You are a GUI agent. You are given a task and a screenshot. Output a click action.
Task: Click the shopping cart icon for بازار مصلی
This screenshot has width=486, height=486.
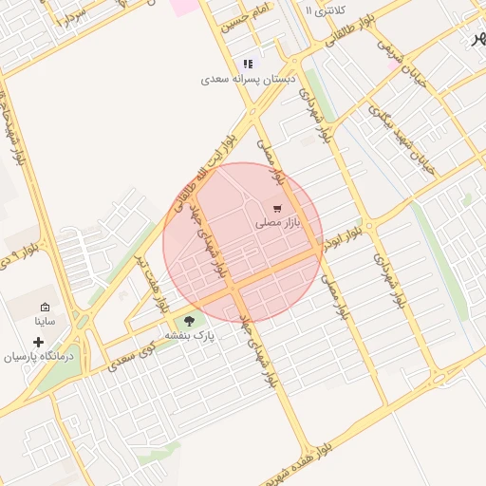(x=276, y=208)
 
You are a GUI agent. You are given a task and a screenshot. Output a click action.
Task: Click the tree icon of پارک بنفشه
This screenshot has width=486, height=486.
(x=190, y=321)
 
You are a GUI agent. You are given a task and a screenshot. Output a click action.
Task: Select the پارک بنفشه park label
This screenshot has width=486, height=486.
(x=191, y=336)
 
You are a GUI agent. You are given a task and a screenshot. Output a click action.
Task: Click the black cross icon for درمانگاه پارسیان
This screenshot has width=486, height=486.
(x=39, y=342)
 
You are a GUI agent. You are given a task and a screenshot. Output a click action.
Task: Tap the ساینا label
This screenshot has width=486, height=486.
(x=45, y=322)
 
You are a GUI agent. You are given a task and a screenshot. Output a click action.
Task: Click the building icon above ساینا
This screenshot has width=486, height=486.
(x=45, y=308)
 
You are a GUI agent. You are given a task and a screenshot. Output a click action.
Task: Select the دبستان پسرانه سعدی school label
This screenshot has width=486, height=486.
(x=246, y=80)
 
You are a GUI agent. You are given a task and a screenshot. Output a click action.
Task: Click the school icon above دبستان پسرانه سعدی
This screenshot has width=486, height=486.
(x=248, y=64)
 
